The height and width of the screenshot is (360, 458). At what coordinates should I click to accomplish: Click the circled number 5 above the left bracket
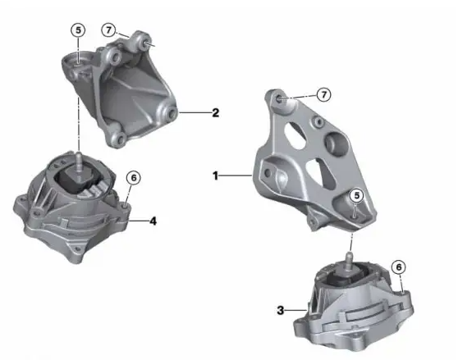(x=78, y=30)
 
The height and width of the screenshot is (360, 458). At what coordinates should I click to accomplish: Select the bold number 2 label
(x=215, y=112)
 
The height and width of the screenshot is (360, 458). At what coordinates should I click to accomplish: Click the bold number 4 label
(x=153, y=220)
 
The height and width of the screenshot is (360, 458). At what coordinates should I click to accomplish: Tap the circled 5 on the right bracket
(x=355, y=195)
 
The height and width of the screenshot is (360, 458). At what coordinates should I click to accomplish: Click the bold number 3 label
(x=281, y=310)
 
